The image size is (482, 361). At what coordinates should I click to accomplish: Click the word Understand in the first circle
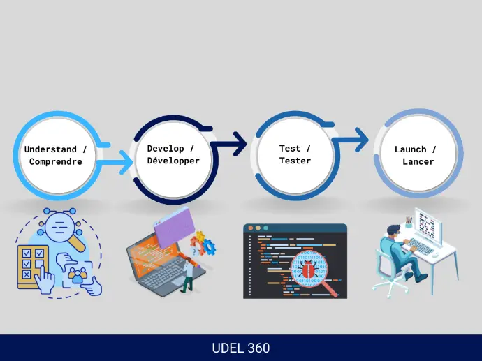[x=50, y=149]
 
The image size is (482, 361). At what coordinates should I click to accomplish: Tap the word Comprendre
[x=56, y=161]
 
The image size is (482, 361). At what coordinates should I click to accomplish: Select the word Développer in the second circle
[x=173, y=161]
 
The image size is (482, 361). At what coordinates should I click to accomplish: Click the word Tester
[x=295, y=161]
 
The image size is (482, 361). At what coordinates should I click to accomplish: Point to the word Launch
[x=410, y=149]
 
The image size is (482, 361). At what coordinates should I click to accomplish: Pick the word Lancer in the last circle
[x=418, y=161]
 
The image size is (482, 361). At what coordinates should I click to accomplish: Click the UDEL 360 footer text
[x=241, y=348]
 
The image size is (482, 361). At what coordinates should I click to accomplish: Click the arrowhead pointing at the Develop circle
[x=126, y=162]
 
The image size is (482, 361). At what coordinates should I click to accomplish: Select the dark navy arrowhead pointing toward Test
[x=240, y=143]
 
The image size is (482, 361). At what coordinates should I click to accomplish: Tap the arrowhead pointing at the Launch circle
[x=362, y=140]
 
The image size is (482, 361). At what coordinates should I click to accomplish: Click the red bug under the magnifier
[x=307, y=269]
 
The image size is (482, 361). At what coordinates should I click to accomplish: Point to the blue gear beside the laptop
[x=210, y=246]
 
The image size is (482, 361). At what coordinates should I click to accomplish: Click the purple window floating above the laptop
[x=175, y=228]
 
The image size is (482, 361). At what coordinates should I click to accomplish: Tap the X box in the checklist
[x=27, y=274]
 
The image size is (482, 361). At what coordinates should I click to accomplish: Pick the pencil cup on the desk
[x=409, y=223]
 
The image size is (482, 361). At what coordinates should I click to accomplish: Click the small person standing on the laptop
[x=188, y=275]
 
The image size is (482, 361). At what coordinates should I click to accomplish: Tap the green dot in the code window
[x=265, y=228]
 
